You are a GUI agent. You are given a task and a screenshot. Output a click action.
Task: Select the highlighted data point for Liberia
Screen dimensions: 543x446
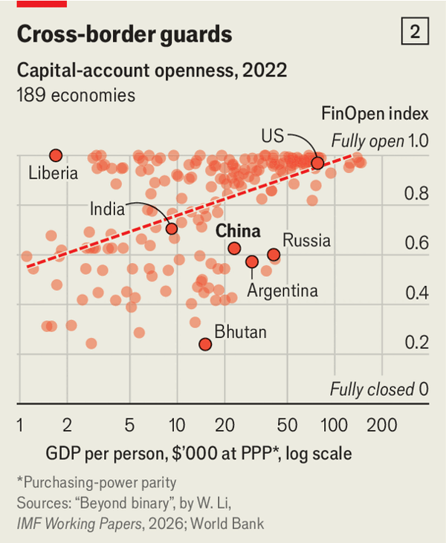[x=56, y=155]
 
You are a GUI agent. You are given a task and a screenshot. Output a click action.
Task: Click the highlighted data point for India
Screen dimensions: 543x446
[x=172, y=228]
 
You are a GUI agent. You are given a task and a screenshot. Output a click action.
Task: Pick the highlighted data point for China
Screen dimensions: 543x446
[x=234, y=248]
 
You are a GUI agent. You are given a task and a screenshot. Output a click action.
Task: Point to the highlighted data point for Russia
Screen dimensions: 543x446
[x=274, y=255]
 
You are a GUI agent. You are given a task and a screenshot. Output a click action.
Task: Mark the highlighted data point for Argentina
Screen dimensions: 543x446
[x=252, y=261]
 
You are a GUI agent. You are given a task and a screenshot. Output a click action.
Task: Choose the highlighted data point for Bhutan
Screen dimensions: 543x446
[x=205, y=344]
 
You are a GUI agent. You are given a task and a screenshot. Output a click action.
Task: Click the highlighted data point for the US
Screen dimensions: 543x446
[x=317, y=163]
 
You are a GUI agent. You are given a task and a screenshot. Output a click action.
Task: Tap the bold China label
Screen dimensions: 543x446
[x=238, y=230]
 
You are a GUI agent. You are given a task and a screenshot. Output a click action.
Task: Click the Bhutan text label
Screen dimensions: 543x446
[x=240, y=332]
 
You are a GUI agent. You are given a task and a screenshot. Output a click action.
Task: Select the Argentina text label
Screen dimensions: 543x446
[x=282, y=290]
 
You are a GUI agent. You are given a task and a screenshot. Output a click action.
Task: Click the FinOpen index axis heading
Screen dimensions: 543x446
[x=375, y=114]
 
